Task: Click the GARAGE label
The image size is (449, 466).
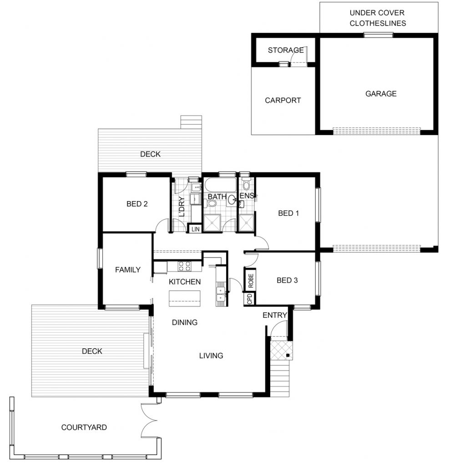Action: tap(381, 94)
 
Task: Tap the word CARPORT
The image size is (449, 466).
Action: tap(283, 101)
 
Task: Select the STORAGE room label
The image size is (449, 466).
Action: tap(286, 50)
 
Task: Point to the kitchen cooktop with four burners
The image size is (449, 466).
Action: tap(185, 266)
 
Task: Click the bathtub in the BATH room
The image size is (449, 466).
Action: tap(220, 186)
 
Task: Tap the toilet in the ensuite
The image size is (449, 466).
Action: tap(247, 184)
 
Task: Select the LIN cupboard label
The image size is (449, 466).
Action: tap(195, 229)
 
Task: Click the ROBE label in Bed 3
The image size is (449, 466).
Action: tap(251, 281)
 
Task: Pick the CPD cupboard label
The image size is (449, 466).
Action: tap(250, 299)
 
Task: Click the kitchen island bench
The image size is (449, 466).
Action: tap(185, 299)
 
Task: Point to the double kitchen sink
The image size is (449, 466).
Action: tap(221, 294)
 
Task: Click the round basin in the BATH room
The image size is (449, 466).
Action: tap(232, 200)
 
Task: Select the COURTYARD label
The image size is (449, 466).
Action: tap(84, 427)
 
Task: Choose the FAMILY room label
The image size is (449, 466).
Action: tap(128, 270)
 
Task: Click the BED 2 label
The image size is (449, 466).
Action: tap(137, 204)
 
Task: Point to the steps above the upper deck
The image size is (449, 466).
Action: tap(191, 122)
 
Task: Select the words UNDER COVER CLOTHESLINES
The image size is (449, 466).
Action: tap(378, 18)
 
